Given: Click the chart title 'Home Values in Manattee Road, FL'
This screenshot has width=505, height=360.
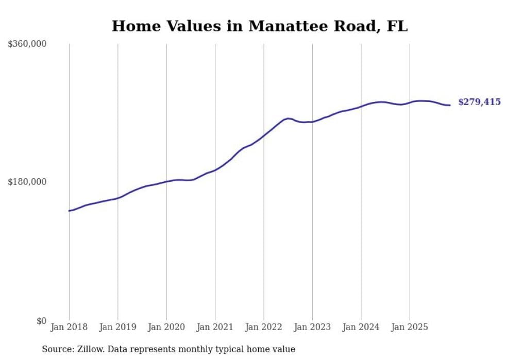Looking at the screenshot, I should (x=259, y=26).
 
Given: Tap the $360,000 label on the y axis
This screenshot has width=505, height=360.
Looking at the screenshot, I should (x=27, y=44).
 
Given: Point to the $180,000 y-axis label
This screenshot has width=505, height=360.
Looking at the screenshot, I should (x=27, y=182).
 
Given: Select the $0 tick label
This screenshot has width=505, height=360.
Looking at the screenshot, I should (x=41, y=321).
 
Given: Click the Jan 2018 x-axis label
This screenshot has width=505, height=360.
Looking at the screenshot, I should (x=69, y=327).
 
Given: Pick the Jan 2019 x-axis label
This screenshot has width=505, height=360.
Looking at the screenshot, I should (x=117, y=327).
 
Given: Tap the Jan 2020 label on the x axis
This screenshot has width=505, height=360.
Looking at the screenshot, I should (x=166, y=327).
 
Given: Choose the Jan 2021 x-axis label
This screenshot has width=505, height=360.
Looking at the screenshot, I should (x=215, y=327).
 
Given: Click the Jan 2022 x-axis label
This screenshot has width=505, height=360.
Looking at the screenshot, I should (x=264, y=327).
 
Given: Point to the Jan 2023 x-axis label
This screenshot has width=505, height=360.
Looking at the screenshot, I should (x=312, y=327).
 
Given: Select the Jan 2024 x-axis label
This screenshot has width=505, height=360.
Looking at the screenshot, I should (x=361, y=327).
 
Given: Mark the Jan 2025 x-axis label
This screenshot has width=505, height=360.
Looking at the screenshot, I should (x=410, y=327).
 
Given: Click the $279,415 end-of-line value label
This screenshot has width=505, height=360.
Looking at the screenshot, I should (x=479, y=102).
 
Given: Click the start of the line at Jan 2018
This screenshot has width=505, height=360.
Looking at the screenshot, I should (x=69, y=211).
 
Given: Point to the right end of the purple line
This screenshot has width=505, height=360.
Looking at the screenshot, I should (x=450, y=105).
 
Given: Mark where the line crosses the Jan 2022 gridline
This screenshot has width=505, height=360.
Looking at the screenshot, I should (x=264, y=135).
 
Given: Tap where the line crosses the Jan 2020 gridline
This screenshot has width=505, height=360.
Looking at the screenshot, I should (x=166, y=181).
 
